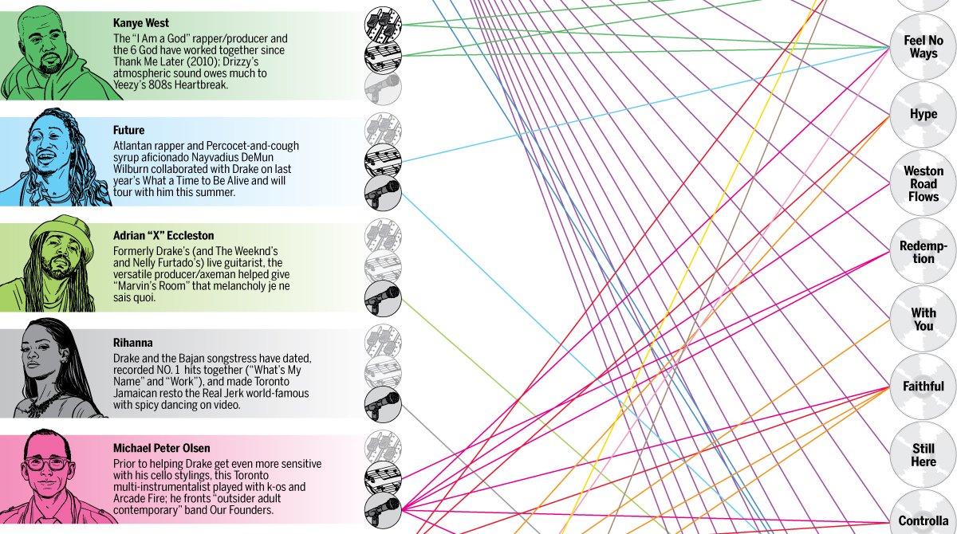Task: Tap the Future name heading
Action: tap(129, 130)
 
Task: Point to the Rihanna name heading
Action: tap(133, 343)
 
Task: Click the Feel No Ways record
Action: tap(924, 47)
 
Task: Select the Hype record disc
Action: tap(924, 114)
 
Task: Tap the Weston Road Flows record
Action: tap(924, 183)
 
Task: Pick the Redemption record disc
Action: tap(924, 252)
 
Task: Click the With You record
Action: tap(924, 320)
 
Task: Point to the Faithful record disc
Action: tap(924, 387)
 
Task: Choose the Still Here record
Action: tap(924, 455)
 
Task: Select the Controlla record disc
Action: tap(924, 520)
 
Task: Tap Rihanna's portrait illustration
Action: tap(49, 371)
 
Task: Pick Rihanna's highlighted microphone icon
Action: tap(383, 404)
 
